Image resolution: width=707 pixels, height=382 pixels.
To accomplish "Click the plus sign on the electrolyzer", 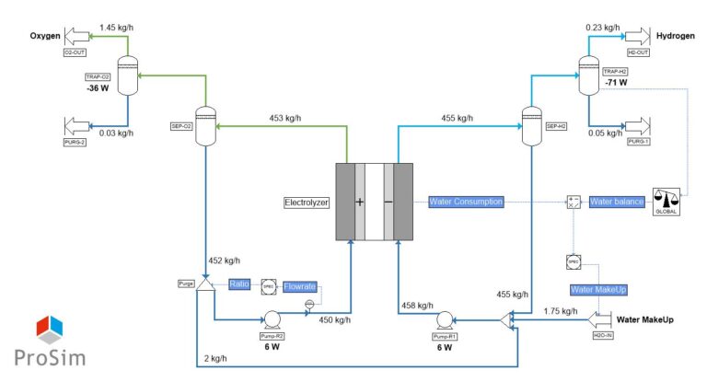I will [x=360, y=201].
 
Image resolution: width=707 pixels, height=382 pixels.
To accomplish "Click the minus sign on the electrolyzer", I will [x=388, y=201].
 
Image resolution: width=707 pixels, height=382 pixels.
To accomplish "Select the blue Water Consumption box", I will [x=466, y=202].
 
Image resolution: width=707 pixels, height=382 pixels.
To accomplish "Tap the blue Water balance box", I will [x=615, y=202].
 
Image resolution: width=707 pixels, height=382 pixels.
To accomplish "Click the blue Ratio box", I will [x=239, y=284].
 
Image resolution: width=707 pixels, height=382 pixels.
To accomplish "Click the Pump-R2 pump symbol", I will [x=272, y=320].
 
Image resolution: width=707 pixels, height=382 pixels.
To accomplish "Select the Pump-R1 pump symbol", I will [x=445, y=320].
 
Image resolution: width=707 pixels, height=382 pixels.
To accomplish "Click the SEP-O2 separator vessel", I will [x=205, y=120].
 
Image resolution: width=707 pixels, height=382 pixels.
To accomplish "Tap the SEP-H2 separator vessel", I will [x=530, y=120].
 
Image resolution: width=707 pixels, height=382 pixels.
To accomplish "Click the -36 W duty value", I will [x=99, y=90].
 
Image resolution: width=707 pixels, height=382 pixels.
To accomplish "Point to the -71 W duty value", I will [x=616, y=82].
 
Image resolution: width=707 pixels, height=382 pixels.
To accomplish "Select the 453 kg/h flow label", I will [x=285, y=118].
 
